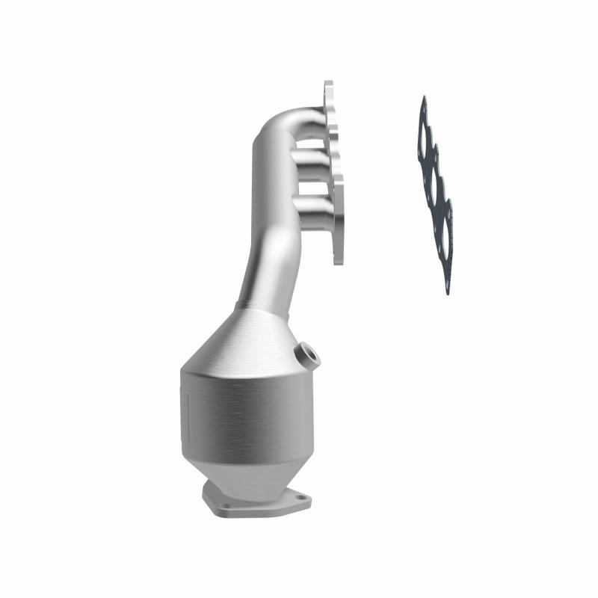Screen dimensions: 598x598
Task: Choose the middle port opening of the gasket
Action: point(436,185)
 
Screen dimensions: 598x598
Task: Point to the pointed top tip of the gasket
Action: point(424,99)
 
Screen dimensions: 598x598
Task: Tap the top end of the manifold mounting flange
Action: point(328,87)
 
